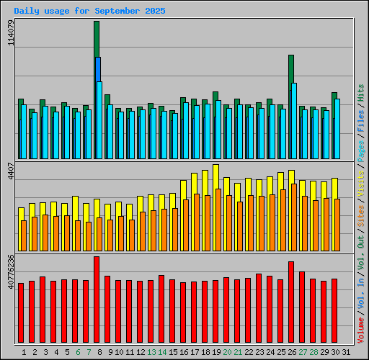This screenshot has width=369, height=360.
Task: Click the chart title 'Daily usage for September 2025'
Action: pyautogui.click(x=89, y=12)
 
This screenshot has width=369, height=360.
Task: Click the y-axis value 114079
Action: pyautogui.click(x=9, y=33)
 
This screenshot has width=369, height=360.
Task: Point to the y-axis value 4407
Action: pyautogui.click(x=9, y=176)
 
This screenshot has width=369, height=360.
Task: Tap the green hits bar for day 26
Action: pyautogui.click(x=290, y=72)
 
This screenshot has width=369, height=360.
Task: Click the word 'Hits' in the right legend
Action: pyautogui.click(x=361, y=92)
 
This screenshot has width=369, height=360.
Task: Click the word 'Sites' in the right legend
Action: pyautogui.click(x=361, y=214)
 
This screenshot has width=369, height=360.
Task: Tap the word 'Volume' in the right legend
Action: pyautogui.click(x=361, y=330)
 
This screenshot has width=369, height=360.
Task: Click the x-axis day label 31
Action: pyautogui.click(x=345, y=352)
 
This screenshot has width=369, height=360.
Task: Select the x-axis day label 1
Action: pyautogui.click(x=24, y=352)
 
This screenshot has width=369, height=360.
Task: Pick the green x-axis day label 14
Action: pyautogui.click(x=162, y=352)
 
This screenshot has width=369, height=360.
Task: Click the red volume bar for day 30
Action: pyautogui.click(x=334, y=311)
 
